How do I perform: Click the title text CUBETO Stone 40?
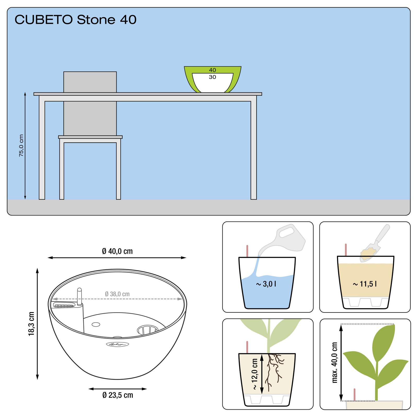(x=76, y=20)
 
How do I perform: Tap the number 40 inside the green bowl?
(x=212, y=70)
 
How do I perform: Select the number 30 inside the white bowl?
(x=212, y=77)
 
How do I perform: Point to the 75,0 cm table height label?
(x=21, y=146)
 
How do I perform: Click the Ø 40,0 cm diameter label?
(x=117, y=251)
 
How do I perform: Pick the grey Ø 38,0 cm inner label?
(x=117, y=294)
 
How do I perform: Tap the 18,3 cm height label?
(x=31, y=323)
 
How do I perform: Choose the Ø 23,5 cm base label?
(x=118, y=402)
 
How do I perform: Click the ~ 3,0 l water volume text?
(x=266, y=284)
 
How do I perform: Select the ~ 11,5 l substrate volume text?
(x=364, y=284)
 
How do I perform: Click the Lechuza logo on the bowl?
(x=117, y=344)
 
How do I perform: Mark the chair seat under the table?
(x=90, y=137)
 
